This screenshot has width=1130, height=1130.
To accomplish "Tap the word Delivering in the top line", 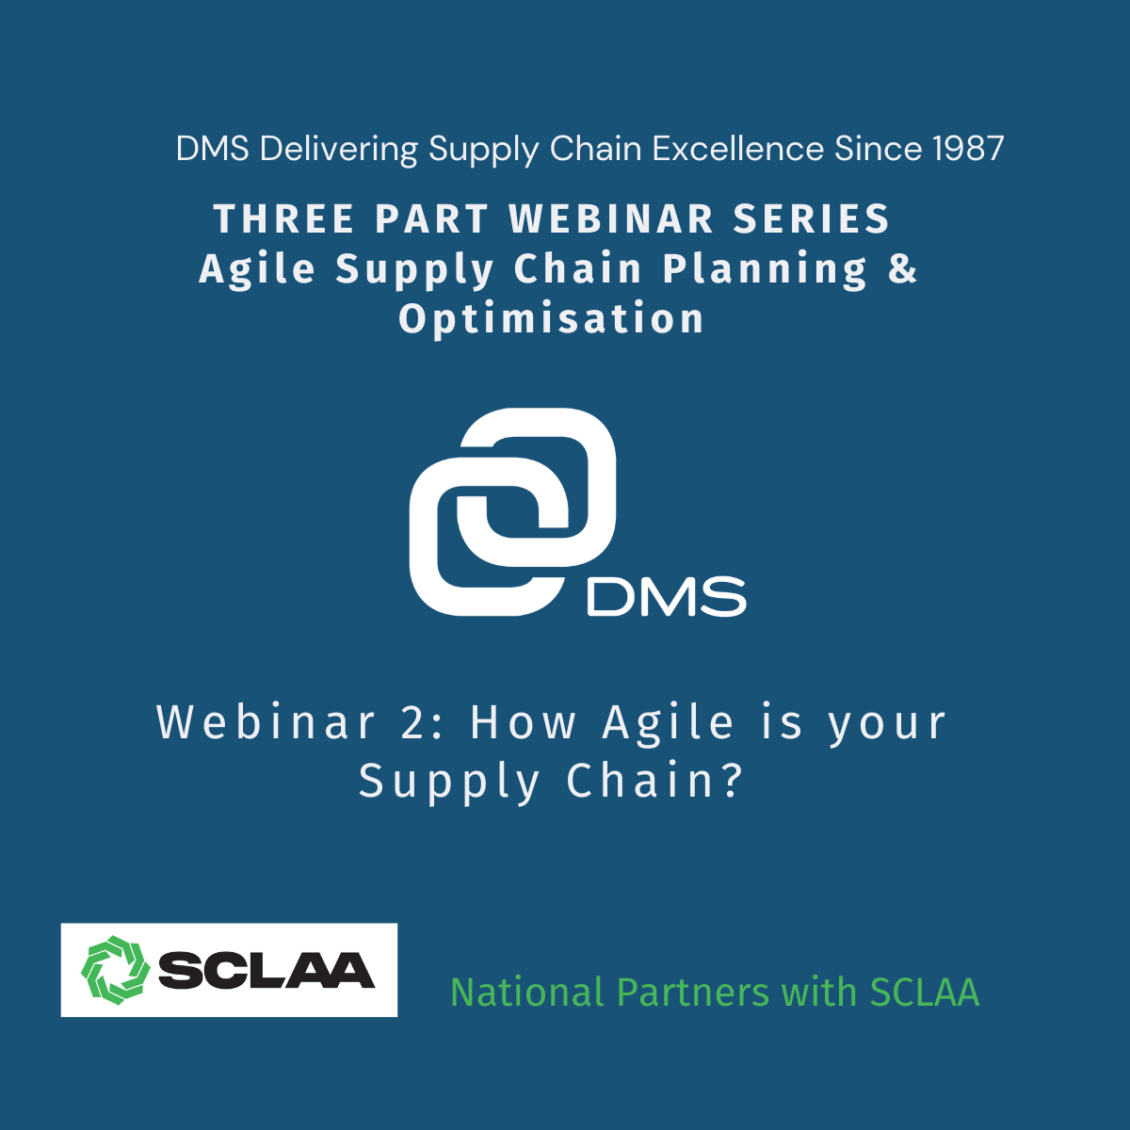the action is tap(338, 149).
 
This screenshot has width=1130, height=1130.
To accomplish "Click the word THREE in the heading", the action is tap(283, 218).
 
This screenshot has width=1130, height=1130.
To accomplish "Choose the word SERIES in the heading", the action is tap(812, 218).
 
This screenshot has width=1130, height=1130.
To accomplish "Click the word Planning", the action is tap(764, 269).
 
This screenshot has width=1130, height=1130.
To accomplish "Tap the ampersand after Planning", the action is tap(902, 268).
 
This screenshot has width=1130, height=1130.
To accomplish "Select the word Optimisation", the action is tap(551, 318).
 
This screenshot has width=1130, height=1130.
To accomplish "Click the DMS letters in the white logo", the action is tap(666, 596).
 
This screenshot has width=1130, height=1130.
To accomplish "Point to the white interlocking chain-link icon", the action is tap(512, 511).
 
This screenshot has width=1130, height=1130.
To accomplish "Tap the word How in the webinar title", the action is tap(523, 722).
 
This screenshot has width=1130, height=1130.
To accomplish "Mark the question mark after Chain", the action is tap(733, 781).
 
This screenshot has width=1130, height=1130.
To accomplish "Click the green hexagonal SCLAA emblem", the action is tap(116, 970).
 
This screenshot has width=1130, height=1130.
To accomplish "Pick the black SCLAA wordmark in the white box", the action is tap(266, 971).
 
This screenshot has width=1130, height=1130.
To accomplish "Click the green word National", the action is tap(526, 992).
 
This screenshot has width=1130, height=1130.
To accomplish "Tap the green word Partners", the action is tap(693, 992).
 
